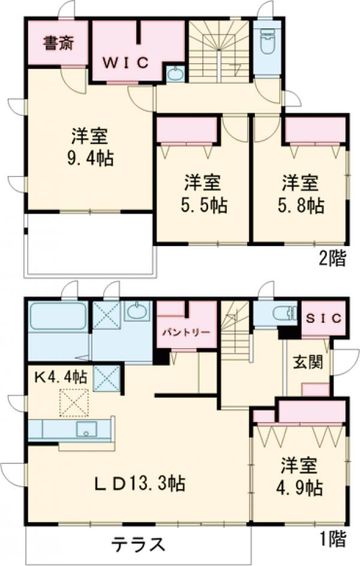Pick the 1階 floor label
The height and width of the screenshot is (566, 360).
click(332, 541)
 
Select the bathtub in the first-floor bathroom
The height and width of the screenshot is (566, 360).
click(57, 317)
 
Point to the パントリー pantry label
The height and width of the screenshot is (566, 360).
click(185, 332)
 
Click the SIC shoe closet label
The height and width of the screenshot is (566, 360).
click(323, 318)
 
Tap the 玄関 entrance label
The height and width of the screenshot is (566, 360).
click(305, 363)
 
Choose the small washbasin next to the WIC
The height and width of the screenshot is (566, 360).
click(175, 74)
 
